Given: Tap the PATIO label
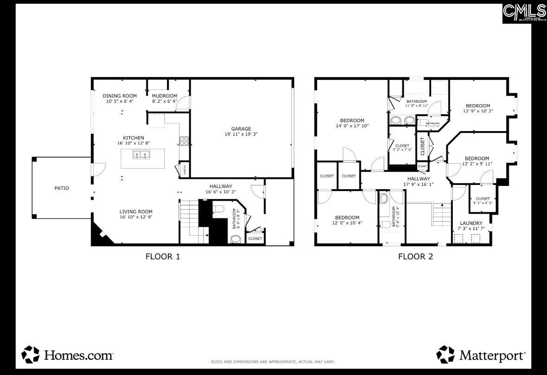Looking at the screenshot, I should click(62, 188).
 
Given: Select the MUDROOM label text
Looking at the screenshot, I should click(164, 96).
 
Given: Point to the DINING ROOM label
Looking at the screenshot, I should click(120, 96).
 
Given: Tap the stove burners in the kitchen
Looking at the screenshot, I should click(184, 141).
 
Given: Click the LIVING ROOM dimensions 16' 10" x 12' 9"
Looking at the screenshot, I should click(136, 217).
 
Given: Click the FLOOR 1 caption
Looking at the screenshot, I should click(162, 256).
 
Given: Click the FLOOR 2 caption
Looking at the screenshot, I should click(415, 256).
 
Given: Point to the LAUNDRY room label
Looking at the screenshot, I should click(471, 223).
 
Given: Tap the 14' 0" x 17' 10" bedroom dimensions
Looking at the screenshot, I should click(352, 125).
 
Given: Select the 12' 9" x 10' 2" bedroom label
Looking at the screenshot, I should click(478, 111).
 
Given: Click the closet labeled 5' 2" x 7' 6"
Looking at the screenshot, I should click(402, 150).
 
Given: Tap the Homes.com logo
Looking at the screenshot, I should click(68, 355).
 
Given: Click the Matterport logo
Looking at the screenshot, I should click(481, 355).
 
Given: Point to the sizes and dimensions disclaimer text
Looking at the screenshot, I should click(273, 362).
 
